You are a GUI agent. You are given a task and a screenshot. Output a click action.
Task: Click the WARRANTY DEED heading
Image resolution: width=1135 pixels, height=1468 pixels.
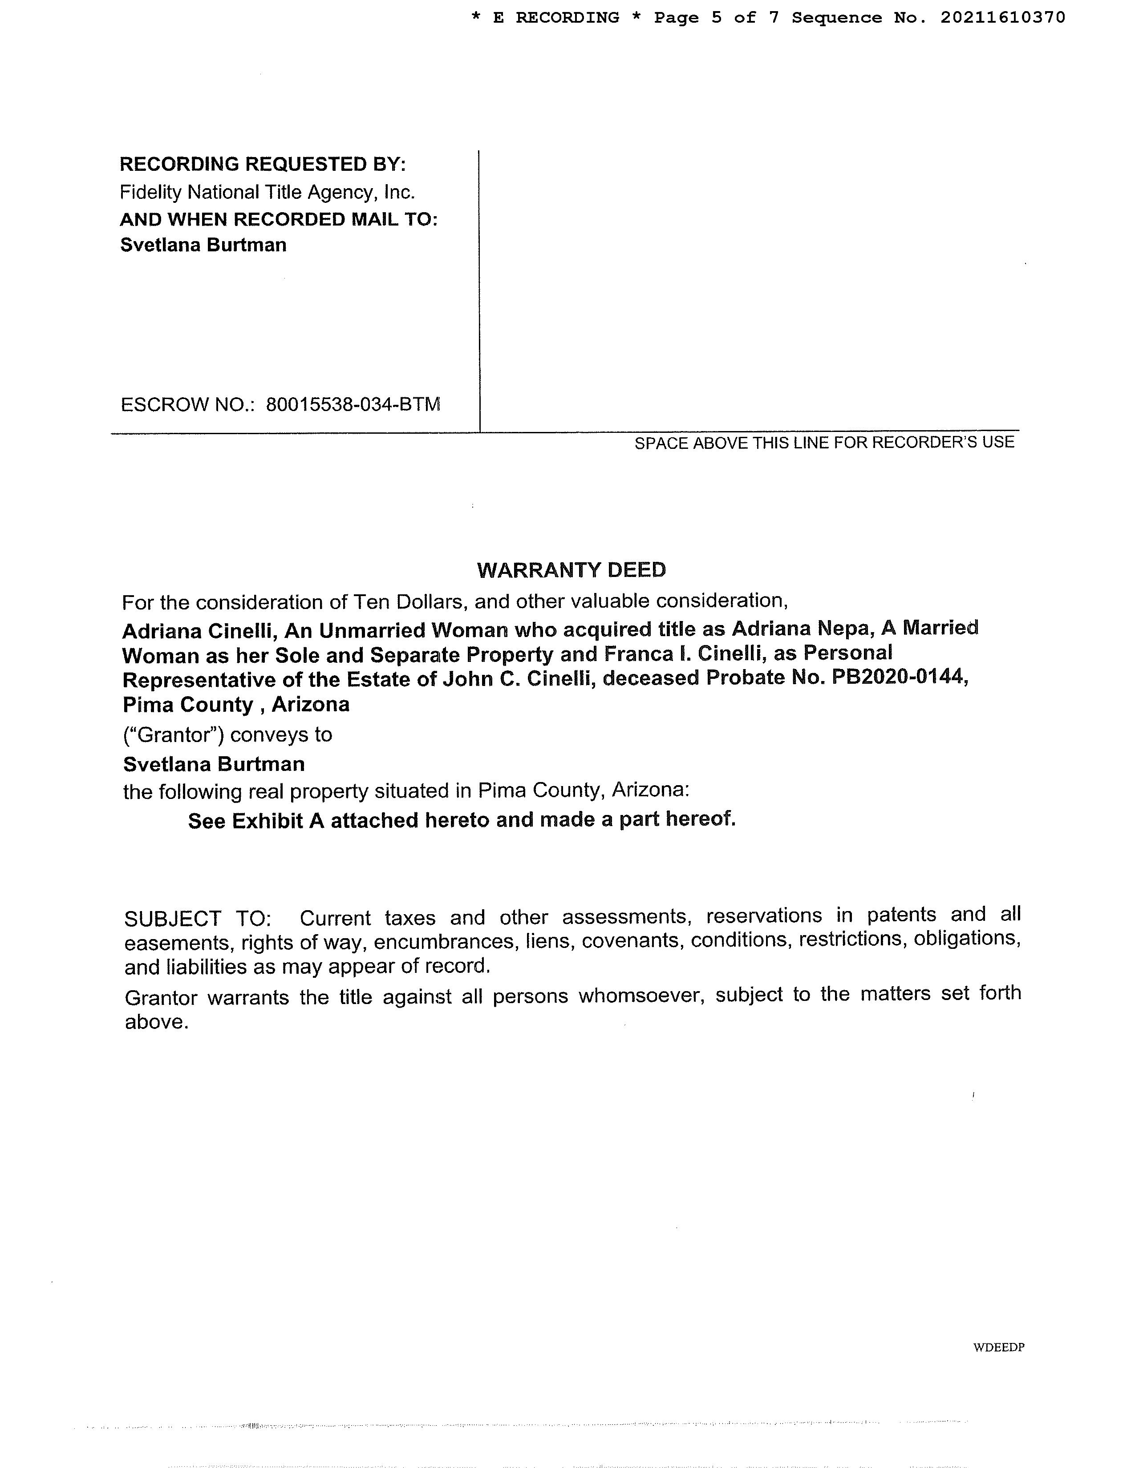pyautogui.click(x=571, y=570)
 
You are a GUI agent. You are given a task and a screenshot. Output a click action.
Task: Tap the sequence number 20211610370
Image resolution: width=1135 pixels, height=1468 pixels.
pyautogui.click(x=1002, y=17)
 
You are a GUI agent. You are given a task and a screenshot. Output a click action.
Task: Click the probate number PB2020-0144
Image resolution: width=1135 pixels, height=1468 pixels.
pyautogui.click(x=900, y=678)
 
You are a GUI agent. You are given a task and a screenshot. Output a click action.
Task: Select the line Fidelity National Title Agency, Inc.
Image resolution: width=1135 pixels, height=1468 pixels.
pyautogui.click(x=267, y=192)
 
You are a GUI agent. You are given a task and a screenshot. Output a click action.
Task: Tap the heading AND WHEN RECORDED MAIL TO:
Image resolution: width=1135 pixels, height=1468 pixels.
pyautogui.click(x=278, y=219)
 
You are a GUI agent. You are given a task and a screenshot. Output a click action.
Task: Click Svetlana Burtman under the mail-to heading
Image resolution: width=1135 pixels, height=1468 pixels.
pyautogui.click(x=203, y=245)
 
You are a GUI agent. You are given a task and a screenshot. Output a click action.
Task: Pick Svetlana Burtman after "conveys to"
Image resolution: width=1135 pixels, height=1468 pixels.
pyautogui.click(x=214, y=764)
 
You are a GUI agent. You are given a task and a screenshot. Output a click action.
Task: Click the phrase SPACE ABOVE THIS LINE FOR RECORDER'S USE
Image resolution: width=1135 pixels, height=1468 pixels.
pyautogui.click(x=824, y=442)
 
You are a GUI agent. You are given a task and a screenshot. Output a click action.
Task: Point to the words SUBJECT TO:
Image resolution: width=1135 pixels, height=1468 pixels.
pyautogui.click(x=198, y=918)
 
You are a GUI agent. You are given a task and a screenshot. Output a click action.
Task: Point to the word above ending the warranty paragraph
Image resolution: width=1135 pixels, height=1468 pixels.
pyautogui.click(x=156, y=1022)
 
